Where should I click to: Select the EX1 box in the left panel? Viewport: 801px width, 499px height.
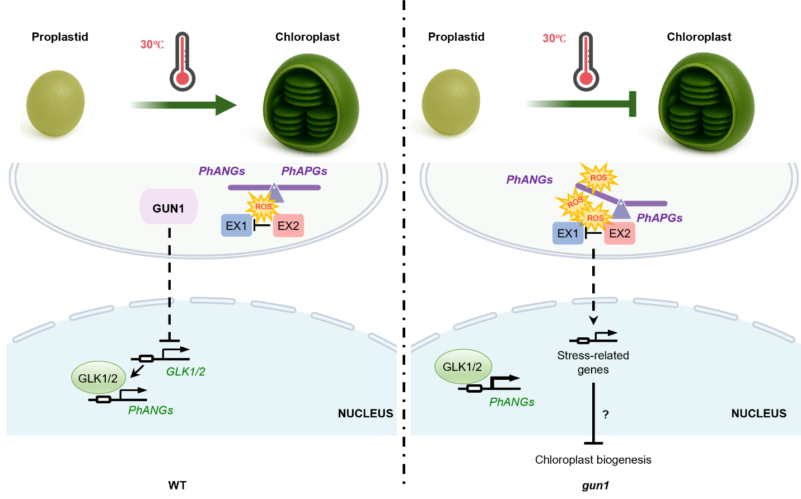[x=236, y=225]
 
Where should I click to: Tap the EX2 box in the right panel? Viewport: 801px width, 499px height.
[x=620, y=233]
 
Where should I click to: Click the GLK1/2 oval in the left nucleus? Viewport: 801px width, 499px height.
[x=98, y=378]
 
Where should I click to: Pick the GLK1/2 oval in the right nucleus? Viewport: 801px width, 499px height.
[x=462, y=366]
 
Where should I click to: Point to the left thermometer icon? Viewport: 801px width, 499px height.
[x=182, y=61]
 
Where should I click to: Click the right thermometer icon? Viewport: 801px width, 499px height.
[x=586, y=61]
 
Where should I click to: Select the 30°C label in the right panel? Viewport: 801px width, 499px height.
[x=554, y=38]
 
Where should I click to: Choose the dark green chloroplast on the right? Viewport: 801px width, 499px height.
[x=706, y=102]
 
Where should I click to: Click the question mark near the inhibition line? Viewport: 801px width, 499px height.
[x=606, y=415]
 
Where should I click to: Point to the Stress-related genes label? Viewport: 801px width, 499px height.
[x=593, y=363]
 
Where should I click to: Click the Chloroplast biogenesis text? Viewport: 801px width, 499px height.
[x=593, y=460]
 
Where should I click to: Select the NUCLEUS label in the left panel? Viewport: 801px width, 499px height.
[x=366, y=413]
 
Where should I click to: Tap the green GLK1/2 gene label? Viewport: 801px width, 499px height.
[x=186, y=371]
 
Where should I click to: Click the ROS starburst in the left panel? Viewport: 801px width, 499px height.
[x=263, y=206]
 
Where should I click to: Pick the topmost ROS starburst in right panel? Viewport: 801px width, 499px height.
[x=598, y=178]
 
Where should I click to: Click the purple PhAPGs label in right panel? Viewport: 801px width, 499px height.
[x=659, y=218]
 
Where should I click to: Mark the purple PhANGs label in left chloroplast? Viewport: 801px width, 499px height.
[x=222, y=171]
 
